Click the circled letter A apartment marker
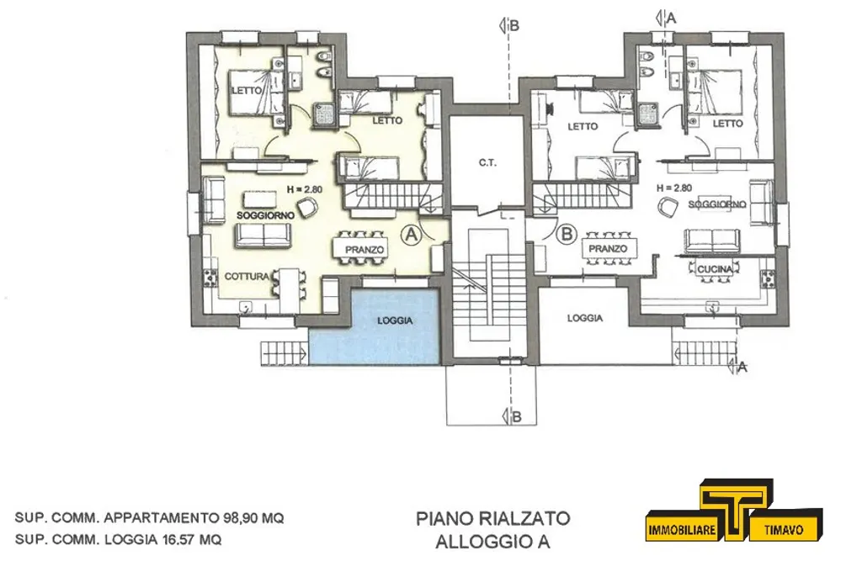click(x=411, y=235)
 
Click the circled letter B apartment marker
click(x=567, y=235)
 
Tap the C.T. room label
click(x=487, y=163)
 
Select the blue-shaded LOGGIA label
click(x=395, y=320)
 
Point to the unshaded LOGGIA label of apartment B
click(x=585, y=318)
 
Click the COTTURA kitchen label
click(x=247, y=277)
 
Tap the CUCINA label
click(x=715, y=269)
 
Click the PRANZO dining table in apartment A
click(x=364, y=249)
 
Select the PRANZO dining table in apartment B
click(x=608, y=249)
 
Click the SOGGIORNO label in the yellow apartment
click(x=265, y=215)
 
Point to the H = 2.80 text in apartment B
click(x=674, y=188)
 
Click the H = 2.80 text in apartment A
click(x=304, y=189)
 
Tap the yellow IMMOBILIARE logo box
click(x=682, y=530)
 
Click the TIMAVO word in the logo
click(x=784, y=530)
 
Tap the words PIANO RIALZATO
click(x=493, y=518)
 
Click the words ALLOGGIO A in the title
click(x=493, y=542)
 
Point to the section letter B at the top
click(x=514, y=25)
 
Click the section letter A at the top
click(x=671, y=19)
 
